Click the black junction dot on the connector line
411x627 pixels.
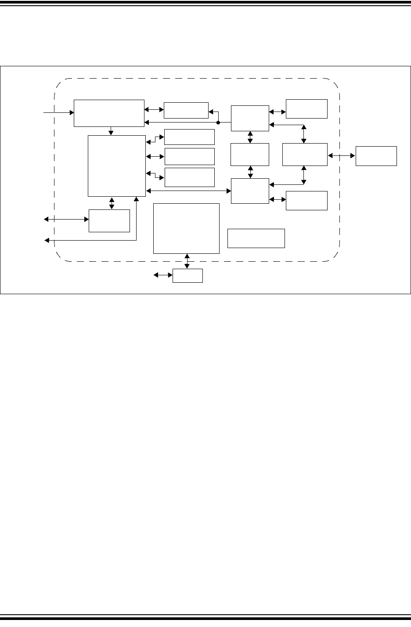pos(218,123)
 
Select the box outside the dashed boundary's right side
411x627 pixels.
pos(376,156)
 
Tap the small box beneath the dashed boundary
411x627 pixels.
pos(187,275)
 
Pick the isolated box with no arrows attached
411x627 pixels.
pos(256,238)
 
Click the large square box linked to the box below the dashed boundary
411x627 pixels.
pos(186,228)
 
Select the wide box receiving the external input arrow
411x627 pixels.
pos(109,113)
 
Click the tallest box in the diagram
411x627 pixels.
pos(116,166)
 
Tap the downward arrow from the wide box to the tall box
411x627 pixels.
pos(112,131)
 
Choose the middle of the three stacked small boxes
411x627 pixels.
pos(189,156)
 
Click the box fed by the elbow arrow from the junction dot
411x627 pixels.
pos(186,110)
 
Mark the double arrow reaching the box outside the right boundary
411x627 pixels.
pos(341,155)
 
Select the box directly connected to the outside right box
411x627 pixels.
pos(305,154)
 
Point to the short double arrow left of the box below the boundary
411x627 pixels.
pos(162,275)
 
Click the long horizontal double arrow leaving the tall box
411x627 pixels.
pos(188,191)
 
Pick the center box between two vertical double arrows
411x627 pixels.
pos(250,154)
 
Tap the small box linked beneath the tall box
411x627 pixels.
pos(109,220)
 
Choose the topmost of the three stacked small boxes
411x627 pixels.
pos(189,137)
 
